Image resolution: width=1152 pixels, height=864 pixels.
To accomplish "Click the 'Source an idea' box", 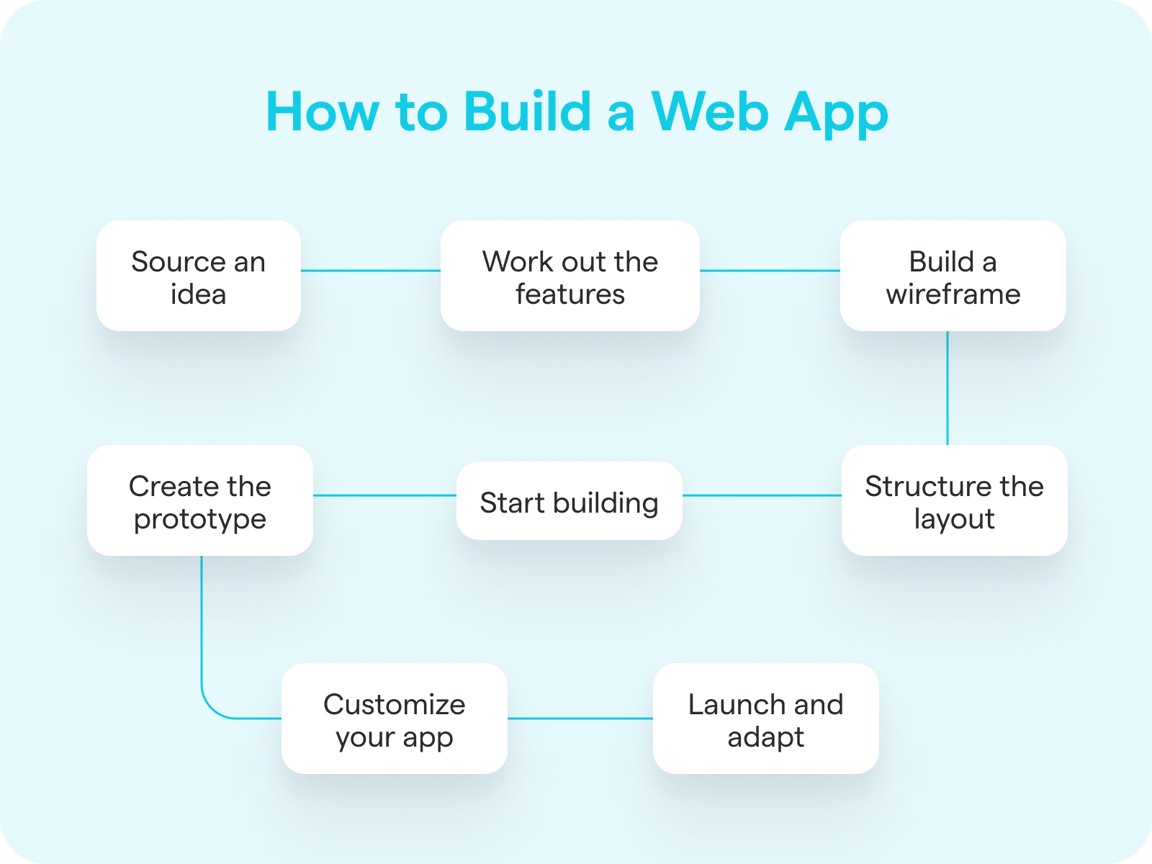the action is (199, 276).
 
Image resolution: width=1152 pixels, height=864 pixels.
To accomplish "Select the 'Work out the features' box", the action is (570, 276).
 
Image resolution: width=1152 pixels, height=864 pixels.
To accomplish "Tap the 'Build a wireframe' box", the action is (953, 276).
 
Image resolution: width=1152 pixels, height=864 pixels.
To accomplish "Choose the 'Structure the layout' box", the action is (954, 500).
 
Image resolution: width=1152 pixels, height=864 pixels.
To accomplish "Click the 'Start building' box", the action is (570, 500).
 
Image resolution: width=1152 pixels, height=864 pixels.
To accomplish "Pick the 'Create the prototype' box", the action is (200, 500).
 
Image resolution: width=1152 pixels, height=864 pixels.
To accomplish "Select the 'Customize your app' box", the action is (394, 718).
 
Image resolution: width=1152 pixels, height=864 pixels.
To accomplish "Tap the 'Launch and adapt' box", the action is (766, 718).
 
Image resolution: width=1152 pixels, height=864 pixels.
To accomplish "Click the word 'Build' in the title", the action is (528, 111).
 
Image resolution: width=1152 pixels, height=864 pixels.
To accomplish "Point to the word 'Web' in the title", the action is (710, 111).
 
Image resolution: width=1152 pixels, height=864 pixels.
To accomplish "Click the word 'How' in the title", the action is (323, 111).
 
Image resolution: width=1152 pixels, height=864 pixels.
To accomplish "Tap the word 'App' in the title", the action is (835, 115).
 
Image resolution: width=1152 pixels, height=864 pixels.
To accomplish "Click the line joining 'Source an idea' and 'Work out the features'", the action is (371, 271).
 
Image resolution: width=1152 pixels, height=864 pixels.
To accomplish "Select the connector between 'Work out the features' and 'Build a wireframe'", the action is (770, 271).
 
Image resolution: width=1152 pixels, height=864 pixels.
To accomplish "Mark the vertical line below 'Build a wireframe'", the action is (948, 388).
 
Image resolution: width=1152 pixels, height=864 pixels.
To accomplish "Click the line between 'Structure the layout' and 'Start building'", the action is (762, 495).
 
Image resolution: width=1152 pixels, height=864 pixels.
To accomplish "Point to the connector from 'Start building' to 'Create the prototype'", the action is (384, 495).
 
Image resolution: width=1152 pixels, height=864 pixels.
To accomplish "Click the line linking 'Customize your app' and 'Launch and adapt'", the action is (580, 718).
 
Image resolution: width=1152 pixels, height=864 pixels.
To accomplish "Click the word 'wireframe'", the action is (953, 294).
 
